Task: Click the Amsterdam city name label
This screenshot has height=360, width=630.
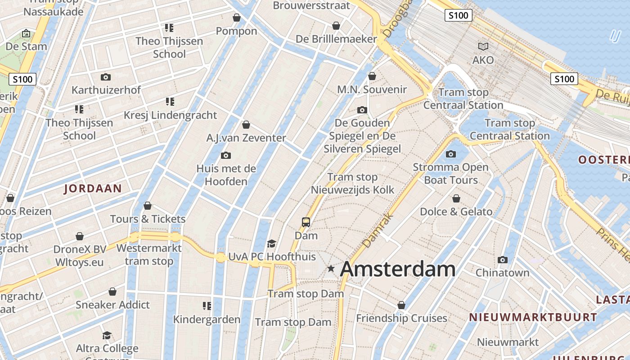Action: click(398, 269)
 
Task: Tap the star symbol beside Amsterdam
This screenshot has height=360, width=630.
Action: click(331, 269)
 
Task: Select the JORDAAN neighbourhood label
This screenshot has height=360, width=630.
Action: click(93, 188)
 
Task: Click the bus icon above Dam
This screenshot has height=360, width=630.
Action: click(306, 222)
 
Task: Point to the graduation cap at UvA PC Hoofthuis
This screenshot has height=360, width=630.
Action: click(271, 244)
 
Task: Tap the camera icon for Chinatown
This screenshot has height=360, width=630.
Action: click(503, 260)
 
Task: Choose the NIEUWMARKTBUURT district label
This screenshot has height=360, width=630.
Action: click(533, 317)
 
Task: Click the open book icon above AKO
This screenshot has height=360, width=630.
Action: click(483, 46)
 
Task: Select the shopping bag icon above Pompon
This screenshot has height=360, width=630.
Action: click(237, 18)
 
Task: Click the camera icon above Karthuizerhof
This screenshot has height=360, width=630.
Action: click(106, 77)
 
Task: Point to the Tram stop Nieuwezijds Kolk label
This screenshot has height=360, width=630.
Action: click(352, 184)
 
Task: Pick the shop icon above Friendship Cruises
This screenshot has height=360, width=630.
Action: click(401, 305)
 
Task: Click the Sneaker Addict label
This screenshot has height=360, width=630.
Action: click(112, 305)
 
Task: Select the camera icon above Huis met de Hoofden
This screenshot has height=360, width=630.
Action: click(226, 156)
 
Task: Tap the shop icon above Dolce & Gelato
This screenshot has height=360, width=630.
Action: click(456, 198)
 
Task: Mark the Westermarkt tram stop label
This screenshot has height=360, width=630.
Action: click(149, 255)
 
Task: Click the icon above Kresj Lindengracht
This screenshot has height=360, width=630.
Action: click(170, 102)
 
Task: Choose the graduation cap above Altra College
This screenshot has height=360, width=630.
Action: click(107, 335)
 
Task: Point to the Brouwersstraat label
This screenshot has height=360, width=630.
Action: click(311, 5)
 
